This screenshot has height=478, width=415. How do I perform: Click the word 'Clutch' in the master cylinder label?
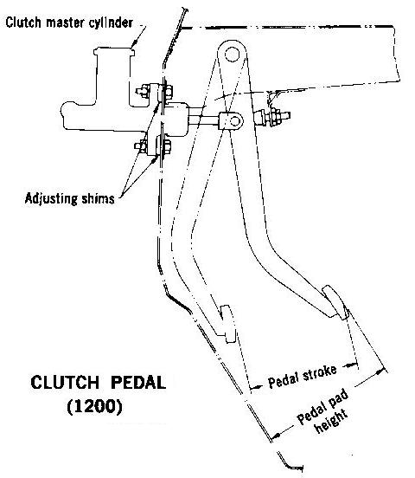coord(23,23)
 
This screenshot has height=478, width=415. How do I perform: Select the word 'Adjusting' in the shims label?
coord(51,199)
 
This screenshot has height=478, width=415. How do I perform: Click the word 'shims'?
coord(98,199)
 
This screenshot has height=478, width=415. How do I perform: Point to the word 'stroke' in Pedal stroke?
coord(318,372)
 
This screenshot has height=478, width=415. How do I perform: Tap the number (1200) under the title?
coord(95,406)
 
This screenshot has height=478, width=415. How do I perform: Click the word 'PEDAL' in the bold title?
coord(138,382)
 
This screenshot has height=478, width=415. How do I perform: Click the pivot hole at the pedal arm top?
coord(232,55)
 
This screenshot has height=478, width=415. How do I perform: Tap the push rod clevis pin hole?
coord(235,120)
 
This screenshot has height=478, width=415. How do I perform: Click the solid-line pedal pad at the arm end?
coord(335,302)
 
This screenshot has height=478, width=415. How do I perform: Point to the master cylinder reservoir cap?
coord(114,51)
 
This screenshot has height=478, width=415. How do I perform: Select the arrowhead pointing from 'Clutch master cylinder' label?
coord(135,45)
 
